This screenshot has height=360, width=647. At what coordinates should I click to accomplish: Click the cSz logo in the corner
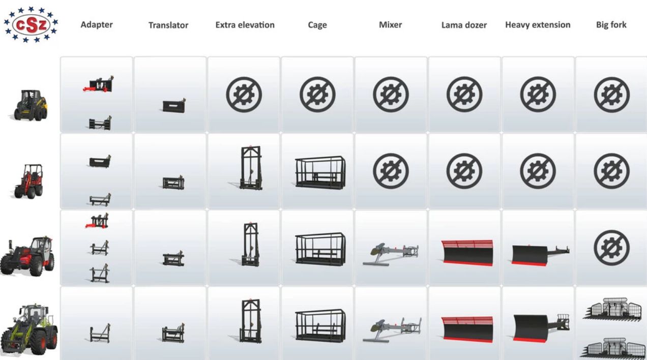tap(31, 24)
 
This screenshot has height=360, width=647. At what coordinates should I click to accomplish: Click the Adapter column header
tap(97, 25)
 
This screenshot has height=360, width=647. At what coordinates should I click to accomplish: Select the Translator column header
tap(168, 25)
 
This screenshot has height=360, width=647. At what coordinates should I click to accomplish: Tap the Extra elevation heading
tap(245, 25)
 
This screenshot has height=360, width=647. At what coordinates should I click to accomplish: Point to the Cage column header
tap(317, 25)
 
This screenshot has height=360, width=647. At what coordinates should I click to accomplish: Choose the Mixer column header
tap(390, 25)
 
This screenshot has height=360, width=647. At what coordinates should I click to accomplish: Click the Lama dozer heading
tap(464, 25)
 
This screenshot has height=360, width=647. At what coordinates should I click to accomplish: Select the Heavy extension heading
tap(538, 25)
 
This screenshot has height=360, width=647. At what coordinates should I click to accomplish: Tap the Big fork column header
tap(611, 25)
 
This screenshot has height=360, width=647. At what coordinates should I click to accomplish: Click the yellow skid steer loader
tap(31, 105)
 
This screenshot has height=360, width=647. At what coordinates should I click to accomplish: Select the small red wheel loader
tap(29, 182)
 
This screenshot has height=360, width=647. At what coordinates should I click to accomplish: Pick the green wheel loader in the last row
tap(29, 331)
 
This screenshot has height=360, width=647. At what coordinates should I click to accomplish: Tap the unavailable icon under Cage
tap(317, 95)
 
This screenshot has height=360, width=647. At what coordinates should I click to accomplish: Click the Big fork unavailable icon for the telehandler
tap(611, 248)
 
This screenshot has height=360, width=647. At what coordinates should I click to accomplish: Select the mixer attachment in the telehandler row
tap(391, 254)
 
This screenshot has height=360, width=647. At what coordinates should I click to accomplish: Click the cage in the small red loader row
tap(320, 173)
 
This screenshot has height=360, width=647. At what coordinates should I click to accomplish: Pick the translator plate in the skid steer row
tap(174, 106)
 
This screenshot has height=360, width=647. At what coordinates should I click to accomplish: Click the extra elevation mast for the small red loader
tap(251, 168)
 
